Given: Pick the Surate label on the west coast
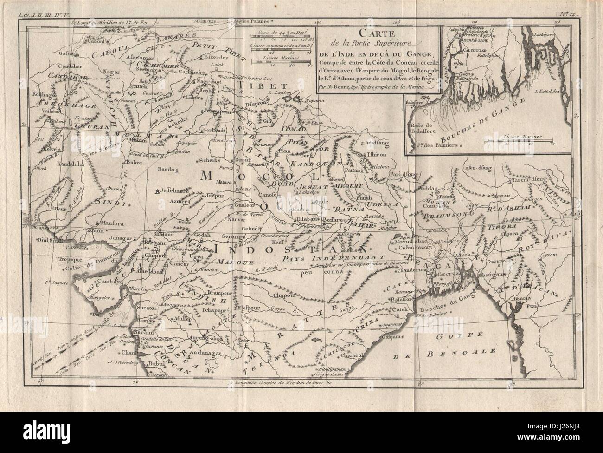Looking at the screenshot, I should pyautogui.click(x=148, y=308).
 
